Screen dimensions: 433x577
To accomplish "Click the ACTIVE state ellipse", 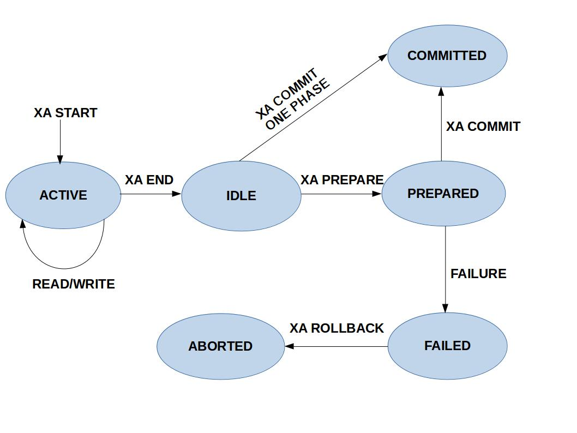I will pos(63,195).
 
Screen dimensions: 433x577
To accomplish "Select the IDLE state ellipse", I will pos(241,196).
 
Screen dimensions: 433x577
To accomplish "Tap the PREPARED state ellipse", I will pos(443,194).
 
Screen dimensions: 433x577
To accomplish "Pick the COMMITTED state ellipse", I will pos(447,56).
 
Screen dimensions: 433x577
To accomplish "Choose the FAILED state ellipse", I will pos(447,346).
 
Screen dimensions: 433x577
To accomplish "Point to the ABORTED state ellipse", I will pos(220,346).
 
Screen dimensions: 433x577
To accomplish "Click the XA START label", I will pos(65,113).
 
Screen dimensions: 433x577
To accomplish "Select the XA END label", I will pos(149,180).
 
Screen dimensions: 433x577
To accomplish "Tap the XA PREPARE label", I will pos(342,180).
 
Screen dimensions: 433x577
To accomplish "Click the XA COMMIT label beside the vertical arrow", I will pos(483,127).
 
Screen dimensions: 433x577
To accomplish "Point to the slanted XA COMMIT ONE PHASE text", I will pos(292,100).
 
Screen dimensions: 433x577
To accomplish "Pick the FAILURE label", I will pos(478,274).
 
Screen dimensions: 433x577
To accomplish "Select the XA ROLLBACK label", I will pos(336,328).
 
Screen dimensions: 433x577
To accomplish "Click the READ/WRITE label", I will pos(74,284).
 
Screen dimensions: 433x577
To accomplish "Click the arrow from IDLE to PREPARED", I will pos(341,194).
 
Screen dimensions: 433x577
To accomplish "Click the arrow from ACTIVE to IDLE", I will pos(151,194).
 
